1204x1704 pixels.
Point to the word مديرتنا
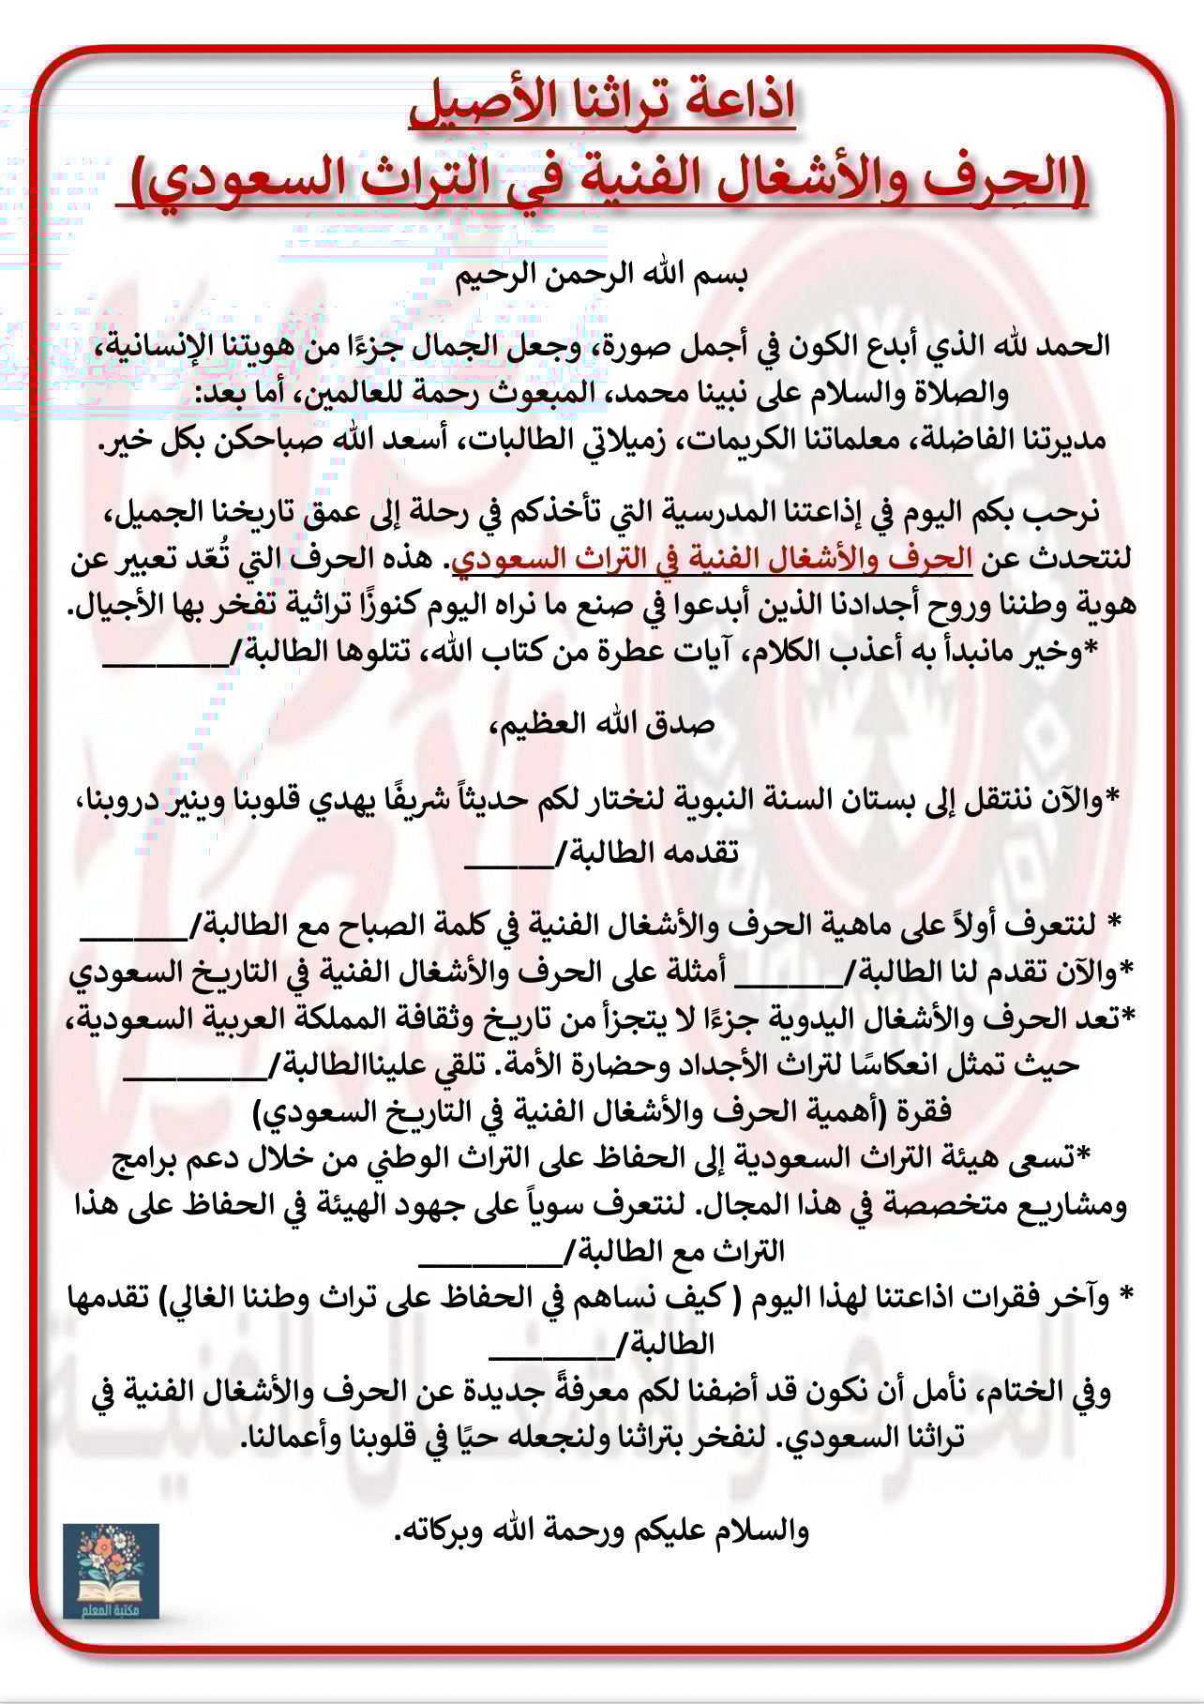1060,440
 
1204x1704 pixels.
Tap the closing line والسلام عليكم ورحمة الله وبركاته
601,1531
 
